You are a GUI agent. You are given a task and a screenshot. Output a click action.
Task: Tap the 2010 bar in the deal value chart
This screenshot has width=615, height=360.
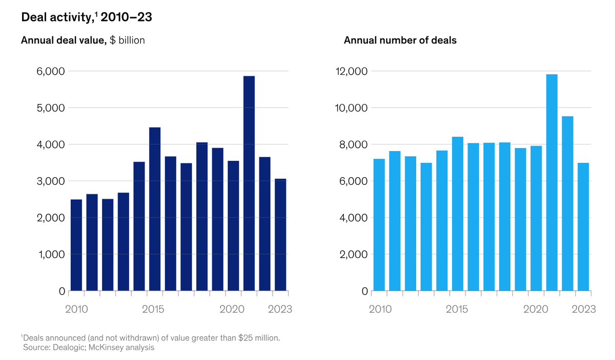(76, 245)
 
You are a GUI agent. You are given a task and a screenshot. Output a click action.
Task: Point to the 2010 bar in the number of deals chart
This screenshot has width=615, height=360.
(379, 225)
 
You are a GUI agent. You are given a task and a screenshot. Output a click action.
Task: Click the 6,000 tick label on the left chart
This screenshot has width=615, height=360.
(51, 72)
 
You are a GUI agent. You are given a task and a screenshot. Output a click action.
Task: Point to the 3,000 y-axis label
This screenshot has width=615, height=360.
(51, 181)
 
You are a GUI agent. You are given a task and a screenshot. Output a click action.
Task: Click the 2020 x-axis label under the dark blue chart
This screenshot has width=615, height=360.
(231, 309)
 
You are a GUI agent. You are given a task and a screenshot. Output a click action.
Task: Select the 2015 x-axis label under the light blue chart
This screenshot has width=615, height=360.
(457, 309)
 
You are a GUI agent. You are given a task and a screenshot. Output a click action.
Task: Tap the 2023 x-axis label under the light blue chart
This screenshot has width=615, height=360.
(584, 309)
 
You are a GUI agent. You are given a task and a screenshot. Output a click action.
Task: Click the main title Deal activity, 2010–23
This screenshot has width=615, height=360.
(86, 17)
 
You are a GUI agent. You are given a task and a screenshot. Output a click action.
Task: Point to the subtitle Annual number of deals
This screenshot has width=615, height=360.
(400, 40)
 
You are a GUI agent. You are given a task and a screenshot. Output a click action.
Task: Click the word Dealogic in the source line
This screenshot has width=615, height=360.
(68, 348)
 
